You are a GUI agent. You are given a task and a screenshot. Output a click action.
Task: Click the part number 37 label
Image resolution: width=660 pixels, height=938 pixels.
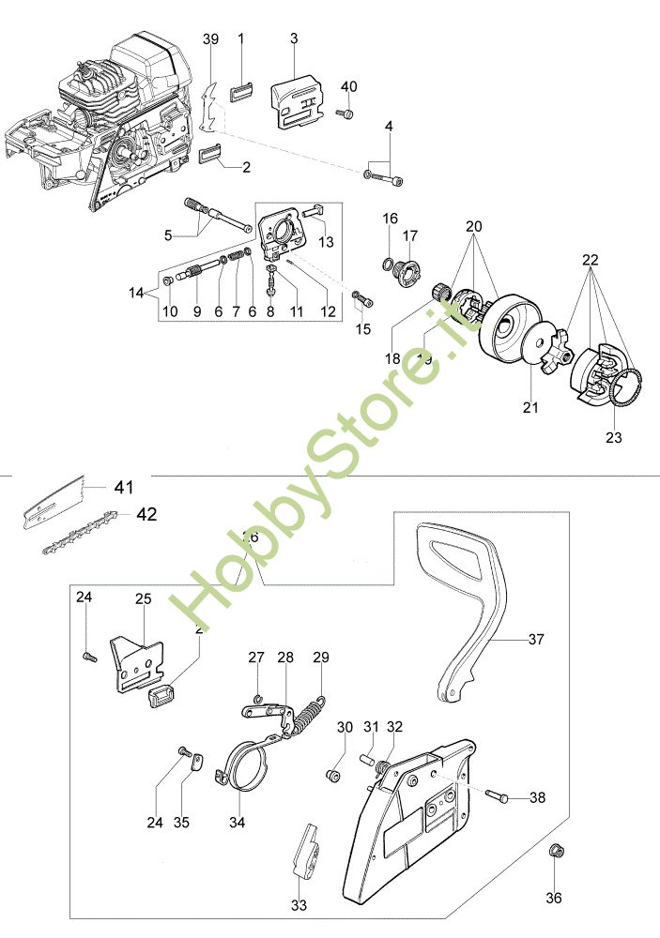click(536, 640)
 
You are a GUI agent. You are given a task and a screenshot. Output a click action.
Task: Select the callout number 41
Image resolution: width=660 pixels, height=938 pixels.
click(123, 487)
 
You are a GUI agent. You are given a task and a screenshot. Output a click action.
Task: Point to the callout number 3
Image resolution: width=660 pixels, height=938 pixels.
click(294, 38)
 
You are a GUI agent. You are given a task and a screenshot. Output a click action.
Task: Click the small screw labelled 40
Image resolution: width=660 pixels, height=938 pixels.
click(345, 114)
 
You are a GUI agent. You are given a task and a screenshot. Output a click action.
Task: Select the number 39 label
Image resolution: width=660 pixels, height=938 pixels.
click(210, 38)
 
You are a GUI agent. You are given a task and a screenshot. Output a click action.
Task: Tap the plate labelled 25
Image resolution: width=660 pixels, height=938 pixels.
click(138, 665)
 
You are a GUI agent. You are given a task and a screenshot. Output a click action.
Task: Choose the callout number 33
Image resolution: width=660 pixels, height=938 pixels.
click(299, 905)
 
